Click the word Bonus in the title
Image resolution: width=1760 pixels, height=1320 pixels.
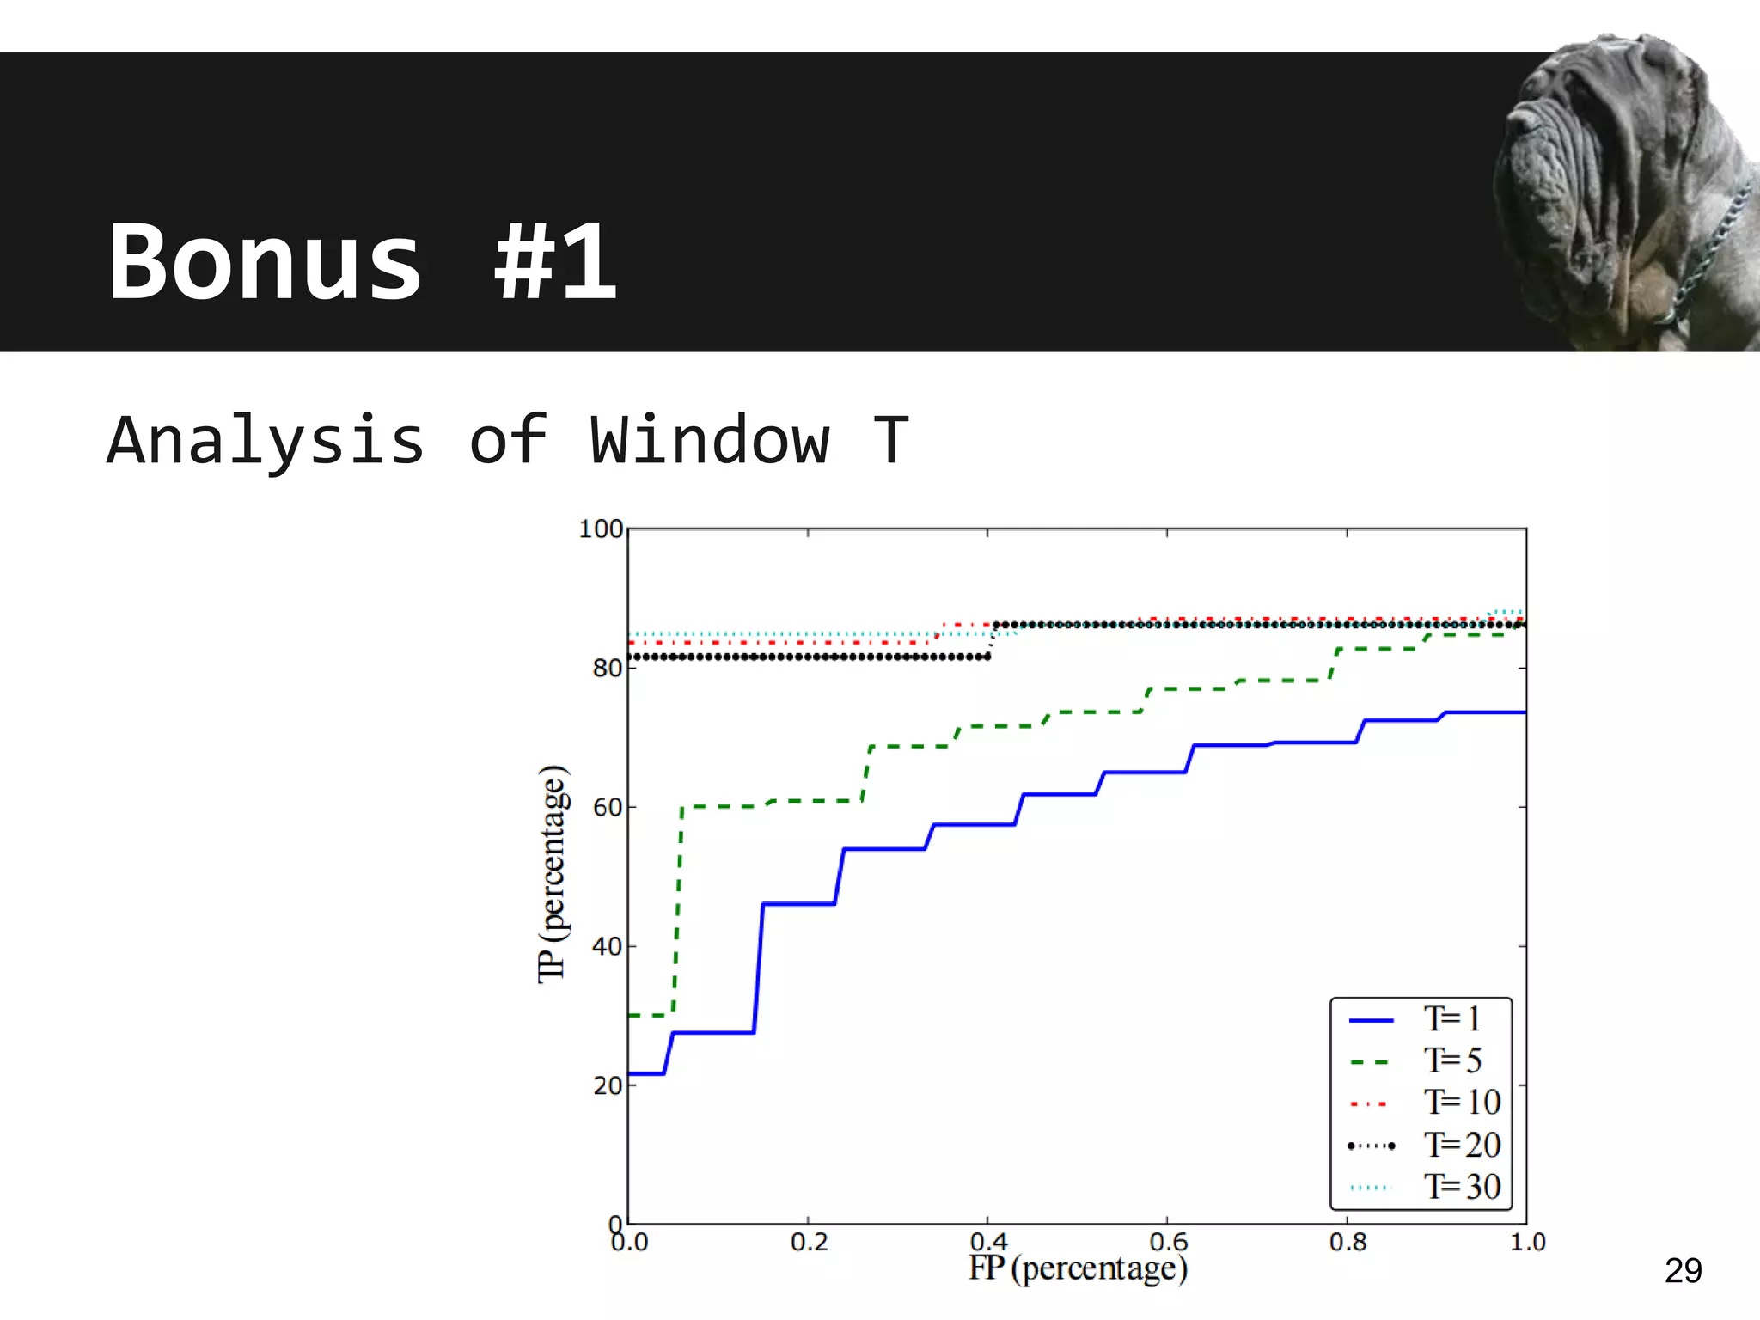tap(265, 261)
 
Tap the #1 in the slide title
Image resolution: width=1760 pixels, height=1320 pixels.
tap(555, 261)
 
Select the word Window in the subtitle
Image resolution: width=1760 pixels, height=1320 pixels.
tap(710, 440)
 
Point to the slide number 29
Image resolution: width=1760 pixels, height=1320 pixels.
tap(1683, 1270)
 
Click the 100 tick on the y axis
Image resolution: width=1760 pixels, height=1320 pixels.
tap(601, 529)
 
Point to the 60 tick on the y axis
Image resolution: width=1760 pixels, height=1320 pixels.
tap(608, 808)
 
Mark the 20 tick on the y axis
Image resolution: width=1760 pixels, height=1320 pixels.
tap(608, 1086)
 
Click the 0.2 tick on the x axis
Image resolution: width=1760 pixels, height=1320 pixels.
tap(809, 1243)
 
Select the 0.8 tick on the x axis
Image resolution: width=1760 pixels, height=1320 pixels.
tap(1347, 1243)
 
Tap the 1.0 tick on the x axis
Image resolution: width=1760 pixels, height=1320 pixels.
tap(1527, 1243)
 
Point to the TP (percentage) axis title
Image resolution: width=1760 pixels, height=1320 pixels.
tap(553, 873)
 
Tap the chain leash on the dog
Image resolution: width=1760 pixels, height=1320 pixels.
tap(1710, 249)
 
